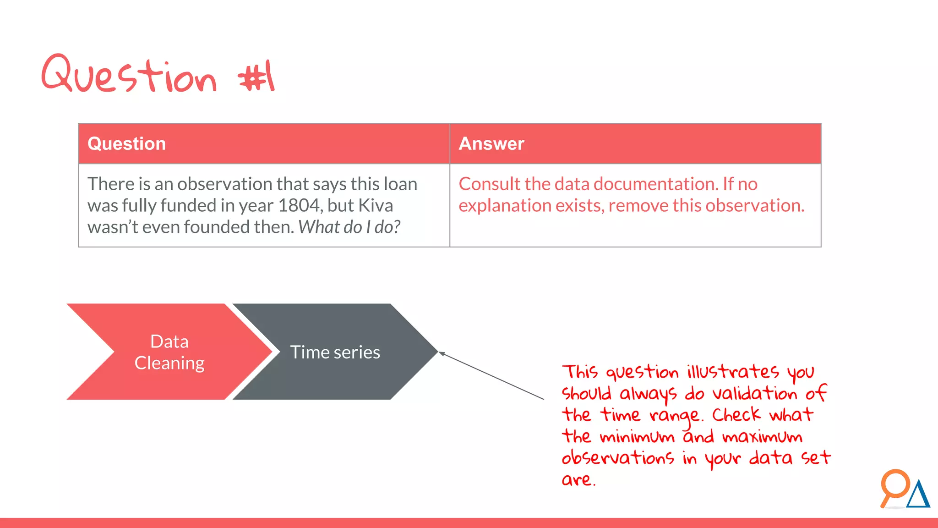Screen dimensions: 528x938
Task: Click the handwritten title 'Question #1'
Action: pos(158,75)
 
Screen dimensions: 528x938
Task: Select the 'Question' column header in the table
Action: pos(126,144)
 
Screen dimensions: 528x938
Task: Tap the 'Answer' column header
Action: pos(491,144)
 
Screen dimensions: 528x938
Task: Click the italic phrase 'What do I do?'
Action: pos(349,227)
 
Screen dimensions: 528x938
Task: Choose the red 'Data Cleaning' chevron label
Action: pos(169,352)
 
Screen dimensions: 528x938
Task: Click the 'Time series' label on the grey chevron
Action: pos(335,352)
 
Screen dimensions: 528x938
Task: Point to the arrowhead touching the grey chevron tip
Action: pos(442,353)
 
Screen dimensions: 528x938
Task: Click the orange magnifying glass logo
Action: pos(894,486)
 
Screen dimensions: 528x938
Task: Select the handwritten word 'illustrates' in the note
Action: pos(732,371)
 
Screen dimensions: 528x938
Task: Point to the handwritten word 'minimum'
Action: pos(637,437)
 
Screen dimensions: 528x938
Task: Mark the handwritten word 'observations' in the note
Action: pos(617,457)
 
